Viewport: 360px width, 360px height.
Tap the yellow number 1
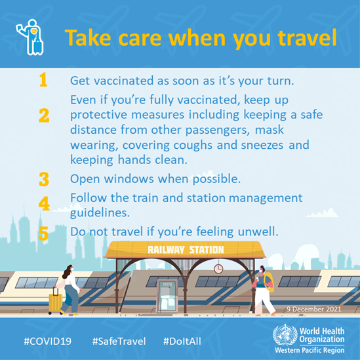44,81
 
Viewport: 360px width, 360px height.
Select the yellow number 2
44,117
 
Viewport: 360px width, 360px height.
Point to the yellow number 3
44,178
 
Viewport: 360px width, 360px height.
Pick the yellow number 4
44,204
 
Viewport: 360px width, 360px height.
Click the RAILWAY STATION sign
186,249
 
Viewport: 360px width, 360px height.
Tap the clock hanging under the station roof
218,268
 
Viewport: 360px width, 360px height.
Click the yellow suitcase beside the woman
56,302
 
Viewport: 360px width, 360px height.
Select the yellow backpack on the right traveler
269,282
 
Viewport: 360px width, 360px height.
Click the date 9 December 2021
315,308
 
